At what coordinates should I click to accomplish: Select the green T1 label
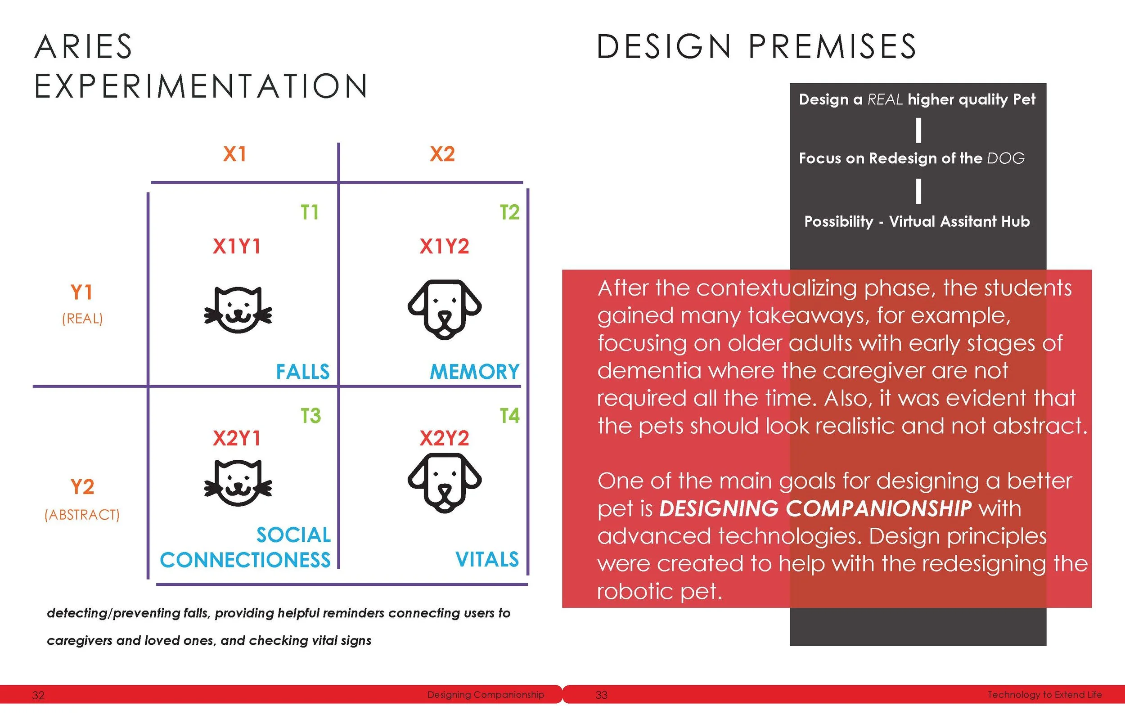(x=310, y=212)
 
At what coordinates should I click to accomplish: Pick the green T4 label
(x=509, y=416)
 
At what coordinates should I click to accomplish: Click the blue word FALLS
(x=303, y=372)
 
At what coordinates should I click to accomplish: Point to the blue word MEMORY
(x=475, y=372)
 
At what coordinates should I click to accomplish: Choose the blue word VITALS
(x=487, y=559)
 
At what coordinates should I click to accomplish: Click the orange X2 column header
(x=442, y=154)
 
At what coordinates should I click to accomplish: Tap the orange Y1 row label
(x=82, y=292)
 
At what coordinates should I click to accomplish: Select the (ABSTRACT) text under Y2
(x=82, y=514)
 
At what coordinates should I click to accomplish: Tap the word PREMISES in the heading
(x=832, y=47)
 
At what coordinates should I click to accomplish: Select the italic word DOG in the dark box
(x=1006, y=158)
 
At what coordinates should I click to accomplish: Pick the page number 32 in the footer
(x=38, y=695)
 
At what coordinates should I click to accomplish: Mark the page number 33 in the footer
(x=601, y=695)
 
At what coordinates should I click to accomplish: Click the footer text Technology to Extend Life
(x=1044, y=694)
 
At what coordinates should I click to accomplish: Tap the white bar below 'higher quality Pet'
(x=918, y=130)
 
